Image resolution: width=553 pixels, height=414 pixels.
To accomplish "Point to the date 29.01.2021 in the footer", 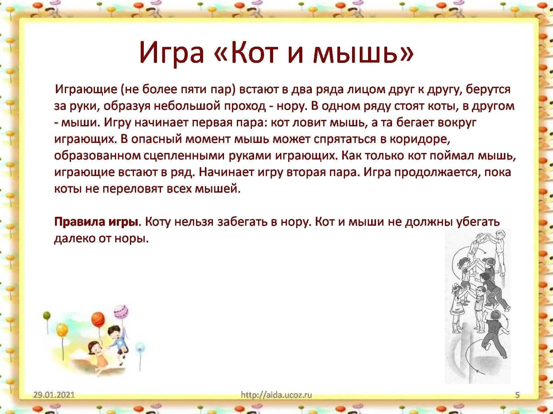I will click(54, 395).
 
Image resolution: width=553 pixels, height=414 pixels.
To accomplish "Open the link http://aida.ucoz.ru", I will click(276, 395).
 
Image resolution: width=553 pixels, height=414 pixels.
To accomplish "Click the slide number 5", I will click(517, 395).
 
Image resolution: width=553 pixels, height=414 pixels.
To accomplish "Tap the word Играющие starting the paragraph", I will click(86, 90).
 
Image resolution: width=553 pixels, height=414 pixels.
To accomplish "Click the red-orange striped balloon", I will click(98, 319).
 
